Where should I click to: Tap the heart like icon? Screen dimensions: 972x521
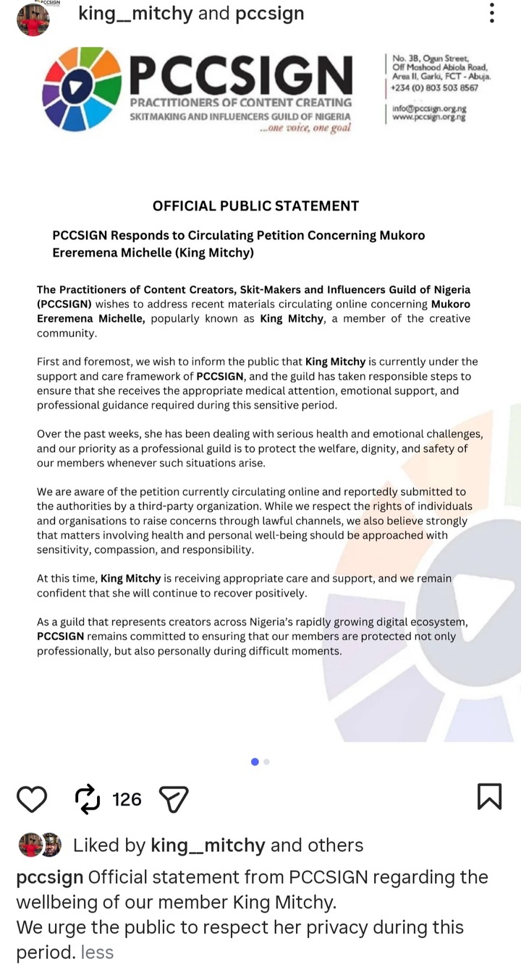tap(32, 799)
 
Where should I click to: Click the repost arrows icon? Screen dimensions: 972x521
tap(87, 799)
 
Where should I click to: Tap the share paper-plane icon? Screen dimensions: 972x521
tap(174, 799)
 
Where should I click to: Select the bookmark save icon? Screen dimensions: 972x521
tap(489, 796)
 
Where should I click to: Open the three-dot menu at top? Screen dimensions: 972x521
tap(492, 13)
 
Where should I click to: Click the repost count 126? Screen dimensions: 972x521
tap(127, 799)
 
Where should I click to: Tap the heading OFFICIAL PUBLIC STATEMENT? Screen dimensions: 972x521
tap(255, 206)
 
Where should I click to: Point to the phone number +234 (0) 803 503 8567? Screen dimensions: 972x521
tap(434, 88)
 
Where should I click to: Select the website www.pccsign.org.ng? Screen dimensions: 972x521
tap(430, 116)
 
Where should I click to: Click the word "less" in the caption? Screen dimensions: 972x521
tap(97, 952)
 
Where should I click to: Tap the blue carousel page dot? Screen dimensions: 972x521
tap(255, 762)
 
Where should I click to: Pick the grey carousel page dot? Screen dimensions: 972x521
tap(267, 762)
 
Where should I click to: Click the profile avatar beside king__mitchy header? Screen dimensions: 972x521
tap(33, 20)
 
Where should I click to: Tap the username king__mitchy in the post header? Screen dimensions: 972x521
tap(135, 13)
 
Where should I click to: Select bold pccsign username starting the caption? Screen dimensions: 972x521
tap(49, 877)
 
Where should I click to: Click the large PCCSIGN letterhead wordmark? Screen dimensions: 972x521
tap(241, 74)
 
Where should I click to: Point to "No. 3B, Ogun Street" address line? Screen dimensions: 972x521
tap(431, 59)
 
